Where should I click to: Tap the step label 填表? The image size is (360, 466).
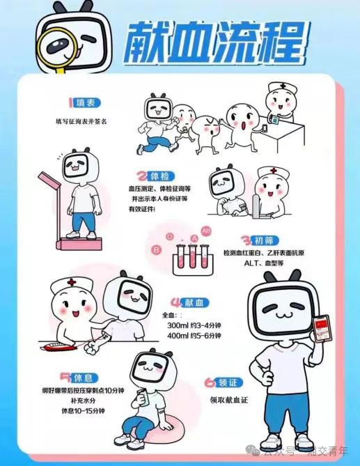coord(85,103)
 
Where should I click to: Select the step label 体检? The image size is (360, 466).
coord(160,176)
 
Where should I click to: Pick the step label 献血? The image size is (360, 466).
coord(194,303)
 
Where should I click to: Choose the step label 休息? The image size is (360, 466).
coord(84,378)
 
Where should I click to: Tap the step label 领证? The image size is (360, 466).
coord(228,382)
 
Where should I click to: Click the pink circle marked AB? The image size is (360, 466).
coord(206,231)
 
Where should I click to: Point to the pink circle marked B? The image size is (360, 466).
coord(156,250)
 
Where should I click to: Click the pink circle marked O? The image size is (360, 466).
coord(170,237)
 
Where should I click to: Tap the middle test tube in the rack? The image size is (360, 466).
coord(191,256)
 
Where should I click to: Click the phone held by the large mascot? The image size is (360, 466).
coord(322,329)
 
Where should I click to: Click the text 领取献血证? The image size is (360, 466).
coord(228,400)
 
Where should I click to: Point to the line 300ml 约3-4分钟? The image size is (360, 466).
coord(194,325)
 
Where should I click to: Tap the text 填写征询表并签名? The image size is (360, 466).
coord(81,121)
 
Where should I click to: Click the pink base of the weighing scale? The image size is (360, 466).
coord(79,243)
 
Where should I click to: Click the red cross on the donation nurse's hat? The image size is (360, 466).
coord(72,281)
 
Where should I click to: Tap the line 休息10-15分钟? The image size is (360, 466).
coord(83,411)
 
